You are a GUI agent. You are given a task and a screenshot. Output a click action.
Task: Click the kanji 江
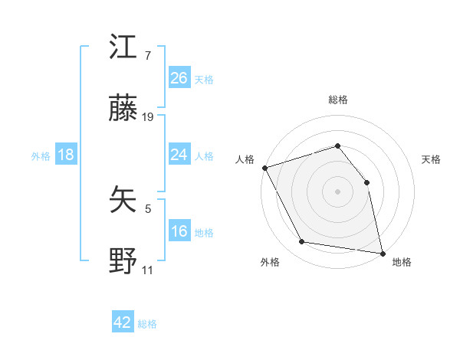[x=123, y=48]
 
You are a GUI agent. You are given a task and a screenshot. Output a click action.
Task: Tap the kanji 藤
[x=123, y=111]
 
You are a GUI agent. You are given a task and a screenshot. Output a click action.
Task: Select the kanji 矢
[x=123, y=201]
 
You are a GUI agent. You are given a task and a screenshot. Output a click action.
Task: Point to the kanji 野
[x=123, y=263]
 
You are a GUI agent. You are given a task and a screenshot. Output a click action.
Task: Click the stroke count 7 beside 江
[x=148, y=56]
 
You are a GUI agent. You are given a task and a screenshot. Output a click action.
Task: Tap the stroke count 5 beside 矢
[x=148, y=208]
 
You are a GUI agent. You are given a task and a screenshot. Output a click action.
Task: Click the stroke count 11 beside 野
[x=148, y=270]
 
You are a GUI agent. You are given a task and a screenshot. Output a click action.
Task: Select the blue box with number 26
[x=179, y=77]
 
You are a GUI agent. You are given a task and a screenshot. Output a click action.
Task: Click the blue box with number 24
[x=179, y=155]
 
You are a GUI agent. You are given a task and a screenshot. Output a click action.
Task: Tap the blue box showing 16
[x=179, y=231]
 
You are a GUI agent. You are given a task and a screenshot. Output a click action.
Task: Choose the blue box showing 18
[x=66, y=155]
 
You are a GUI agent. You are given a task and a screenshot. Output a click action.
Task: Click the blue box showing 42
[x=123, y=322]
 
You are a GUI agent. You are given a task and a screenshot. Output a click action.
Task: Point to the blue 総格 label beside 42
[x=147, y=324]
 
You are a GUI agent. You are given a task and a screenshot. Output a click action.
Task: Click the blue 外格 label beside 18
[x=41, y=156]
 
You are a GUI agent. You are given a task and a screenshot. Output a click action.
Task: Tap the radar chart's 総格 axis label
[x=337, y=100]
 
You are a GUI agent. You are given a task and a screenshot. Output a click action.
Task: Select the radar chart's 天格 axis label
[x=432, y=159]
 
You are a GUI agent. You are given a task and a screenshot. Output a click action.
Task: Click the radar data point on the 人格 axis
[x=264, y=168]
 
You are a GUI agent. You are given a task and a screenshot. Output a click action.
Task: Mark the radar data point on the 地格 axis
[x=382, y=252]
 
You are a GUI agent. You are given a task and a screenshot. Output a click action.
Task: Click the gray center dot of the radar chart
[x=337, y=191]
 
